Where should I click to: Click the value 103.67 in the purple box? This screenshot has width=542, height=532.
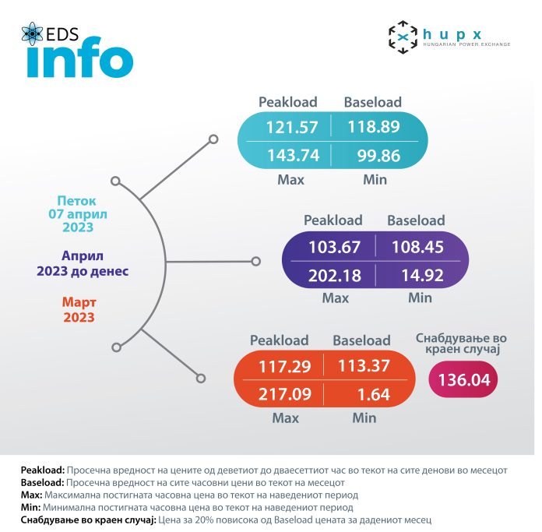(334, 247)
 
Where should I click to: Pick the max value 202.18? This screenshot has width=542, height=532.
(334, 275)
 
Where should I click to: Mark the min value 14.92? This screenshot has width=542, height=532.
(421, 275)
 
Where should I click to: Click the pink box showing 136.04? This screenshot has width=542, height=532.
(463, 382)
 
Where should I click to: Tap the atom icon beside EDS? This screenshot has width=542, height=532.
(32, 34)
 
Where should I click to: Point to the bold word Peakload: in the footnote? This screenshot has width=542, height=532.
(43, 471)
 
